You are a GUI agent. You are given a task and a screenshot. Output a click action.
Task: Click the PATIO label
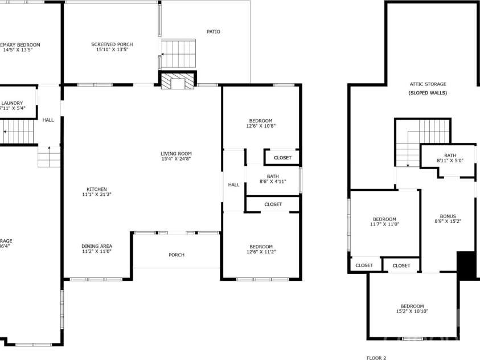(x=213, y=32)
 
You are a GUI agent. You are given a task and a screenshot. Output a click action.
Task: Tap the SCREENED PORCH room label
(x=112, y=44)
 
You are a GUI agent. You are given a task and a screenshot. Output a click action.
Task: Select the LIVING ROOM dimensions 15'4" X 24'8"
(x=175, y=159)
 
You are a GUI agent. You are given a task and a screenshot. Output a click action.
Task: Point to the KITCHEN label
(x=96, y=190)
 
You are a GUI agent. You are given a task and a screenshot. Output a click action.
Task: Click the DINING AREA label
(x=96, y=246)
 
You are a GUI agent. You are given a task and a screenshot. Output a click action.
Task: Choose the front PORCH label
(x=177, y=255)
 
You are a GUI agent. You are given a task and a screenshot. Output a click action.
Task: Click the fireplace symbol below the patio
(x=177, y=82)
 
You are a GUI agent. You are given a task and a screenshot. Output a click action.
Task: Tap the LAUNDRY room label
(x=13, y=103)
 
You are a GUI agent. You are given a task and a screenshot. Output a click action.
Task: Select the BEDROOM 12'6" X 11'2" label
(x=260, y=247)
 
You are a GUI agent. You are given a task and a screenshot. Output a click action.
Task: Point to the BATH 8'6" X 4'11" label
(x=272, y=176)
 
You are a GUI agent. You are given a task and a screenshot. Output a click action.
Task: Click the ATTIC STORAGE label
(x=428, y=84)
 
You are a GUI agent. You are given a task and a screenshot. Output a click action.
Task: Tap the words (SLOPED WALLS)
(x=428, y=93)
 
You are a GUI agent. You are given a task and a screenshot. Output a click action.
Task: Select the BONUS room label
(x=448, y=216)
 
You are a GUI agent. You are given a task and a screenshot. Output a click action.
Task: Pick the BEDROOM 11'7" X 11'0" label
(x=384, y=219)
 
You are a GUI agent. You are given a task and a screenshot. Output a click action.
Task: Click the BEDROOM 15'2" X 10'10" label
(x=412, y=306)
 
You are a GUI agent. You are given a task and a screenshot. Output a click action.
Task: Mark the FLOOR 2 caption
(x=376, y=358)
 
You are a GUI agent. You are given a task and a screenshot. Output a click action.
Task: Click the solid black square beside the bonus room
(x=466, y=265)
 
